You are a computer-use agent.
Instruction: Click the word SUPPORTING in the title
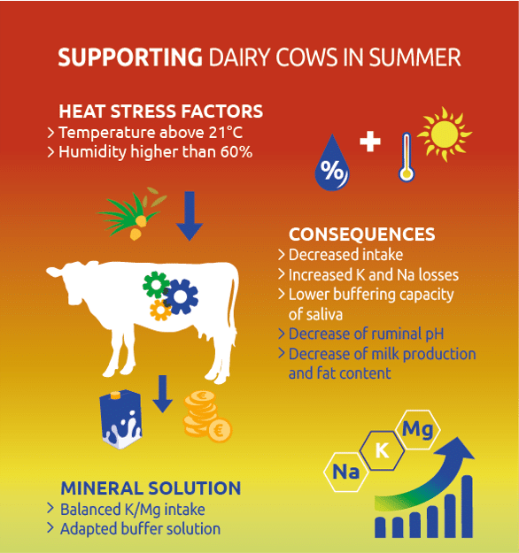130,58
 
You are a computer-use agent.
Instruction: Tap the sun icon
445,134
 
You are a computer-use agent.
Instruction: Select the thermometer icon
407,157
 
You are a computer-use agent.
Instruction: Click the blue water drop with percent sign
332,163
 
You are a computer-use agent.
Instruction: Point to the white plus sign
370,142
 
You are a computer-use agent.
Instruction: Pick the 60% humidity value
236,152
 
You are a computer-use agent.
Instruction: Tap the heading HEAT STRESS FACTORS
160,111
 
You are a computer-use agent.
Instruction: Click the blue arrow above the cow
190,216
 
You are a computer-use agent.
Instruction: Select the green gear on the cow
156,285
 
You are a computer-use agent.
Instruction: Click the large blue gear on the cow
181,296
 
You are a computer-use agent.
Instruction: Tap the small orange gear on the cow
160,311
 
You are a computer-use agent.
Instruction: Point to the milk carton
120,419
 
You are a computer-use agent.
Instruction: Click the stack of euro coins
207,417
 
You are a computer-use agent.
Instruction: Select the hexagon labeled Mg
418,429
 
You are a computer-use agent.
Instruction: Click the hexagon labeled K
382,450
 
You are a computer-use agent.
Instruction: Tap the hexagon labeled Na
346,472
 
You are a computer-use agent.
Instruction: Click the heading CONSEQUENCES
362,234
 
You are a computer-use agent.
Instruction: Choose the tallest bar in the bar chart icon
467,506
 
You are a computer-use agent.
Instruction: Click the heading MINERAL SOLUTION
151,488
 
